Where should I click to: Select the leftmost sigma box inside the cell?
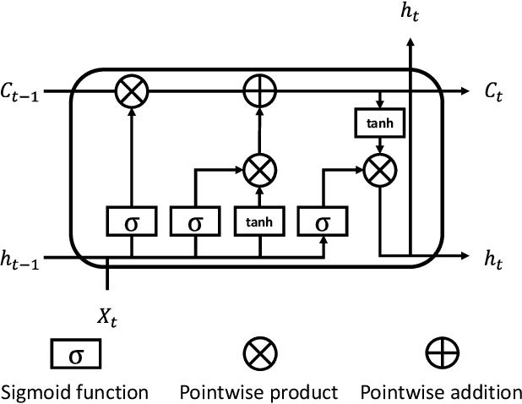pyautogui.click(x=132, y=223)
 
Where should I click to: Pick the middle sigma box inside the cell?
pyautogui.click(x=196, y=223)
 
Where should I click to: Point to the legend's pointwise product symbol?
pyautogui.click(x=258, y=352)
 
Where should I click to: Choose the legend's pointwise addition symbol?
pyautogui.click(x=441, y=352)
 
